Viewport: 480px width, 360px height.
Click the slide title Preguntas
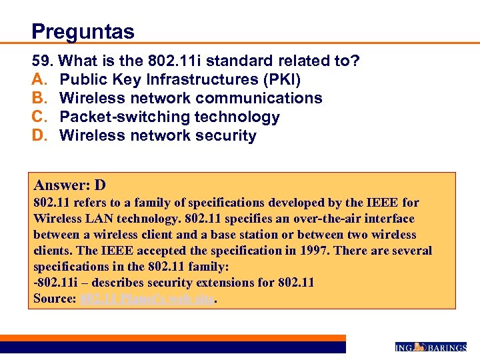(83, 31)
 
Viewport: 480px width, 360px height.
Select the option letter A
(39, 80)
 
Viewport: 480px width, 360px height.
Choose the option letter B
(39, 99)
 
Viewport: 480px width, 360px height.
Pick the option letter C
(39, 117)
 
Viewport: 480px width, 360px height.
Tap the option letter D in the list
(39, 136)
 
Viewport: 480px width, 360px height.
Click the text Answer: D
(70, 185)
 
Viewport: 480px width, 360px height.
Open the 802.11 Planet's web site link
(147, 299)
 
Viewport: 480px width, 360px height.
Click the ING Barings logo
(431, 347)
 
